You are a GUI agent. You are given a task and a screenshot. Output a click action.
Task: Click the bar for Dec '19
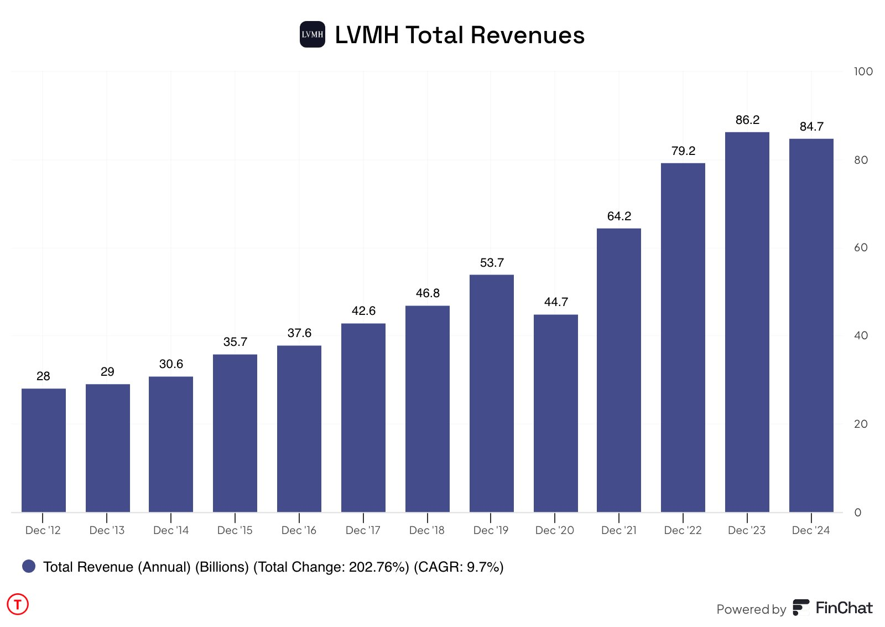click(491, 393)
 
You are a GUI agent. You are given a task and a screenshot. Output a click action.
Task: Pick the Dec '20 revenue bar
click(555, 413)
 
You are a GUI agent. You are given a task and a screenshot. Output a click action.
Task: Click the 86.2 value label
click(747, 120)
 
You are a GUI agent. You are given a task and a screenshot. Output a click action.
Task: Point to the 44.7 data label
click(556, 302)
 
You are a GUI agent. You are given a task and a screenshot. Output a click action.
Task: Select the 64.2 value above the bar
click(619, 216)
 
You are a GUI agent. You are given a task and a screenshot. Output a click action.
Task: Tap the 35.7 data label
click(235, 342)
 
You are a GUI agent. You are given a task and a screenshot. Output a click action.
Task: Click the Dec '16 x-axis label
click(299, 530)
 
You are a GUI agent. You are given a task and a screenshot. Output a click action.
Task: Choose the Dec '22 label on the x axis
click(683, 530)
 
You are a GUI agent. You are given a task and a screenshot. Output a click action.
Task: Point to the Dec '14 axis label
click(171, 530)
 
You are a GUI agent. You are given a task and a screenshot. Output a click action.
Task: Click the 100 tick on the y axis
click(863, 71)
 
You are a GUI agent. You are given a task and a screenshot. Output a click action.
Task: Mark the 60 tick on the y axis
click(861, 247)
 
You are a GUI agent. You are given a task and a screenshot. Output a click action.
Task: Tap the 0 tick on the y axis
click(857, 512)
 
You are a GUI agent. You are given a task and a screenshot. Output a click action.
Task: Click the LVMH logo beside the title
click(313, 34)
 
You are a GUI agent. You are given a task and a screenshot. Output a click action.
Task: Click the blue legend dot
click(29, 566)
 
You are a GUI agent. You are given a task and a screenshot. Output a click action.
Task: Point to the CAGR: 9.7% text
click(459, 567)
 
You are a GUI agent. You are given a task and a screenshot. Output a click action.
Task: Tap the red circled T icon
click(18, 604)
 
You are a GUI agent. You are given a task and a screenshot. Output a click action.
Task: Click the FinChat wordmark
click(844, 608)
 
